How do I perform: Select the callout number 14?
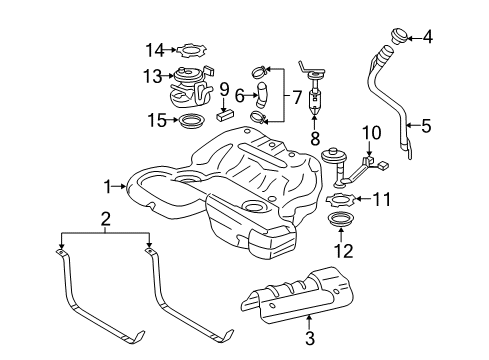(154, 48)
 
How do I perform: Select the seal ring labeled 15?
(189, 123)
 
